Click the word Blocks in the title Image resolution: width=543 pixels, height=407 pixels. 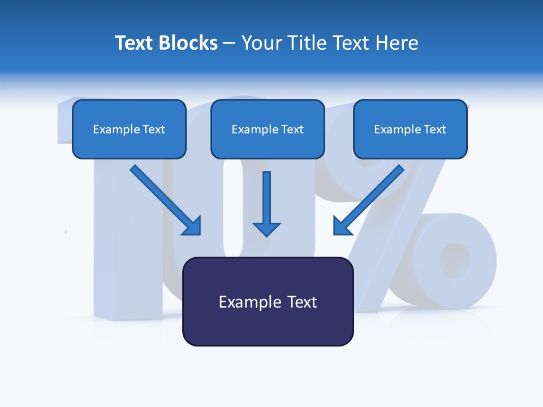click(x=188, y=43)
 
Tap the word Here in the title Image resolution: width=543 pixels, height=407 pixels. click(x=398, y=43)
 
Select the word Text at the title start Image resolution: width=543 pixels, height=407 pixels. click(x=135, y=43)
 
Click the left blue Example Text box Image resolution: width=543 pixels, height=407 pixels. click(x=129, y=129)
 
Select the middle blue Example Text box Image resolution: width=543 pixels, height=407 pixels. click(x=268, y=129)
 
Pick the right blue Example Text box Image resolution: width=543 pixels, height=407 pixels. click(x=410, y=129)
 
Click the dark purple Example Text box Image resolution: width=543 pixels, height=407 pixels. click(x=268, y=301)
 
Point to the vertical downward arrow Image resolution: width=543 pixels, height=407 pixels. click(x=266, y=198)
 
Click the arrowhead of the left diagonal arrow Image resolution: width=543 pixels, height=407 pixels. click(x=193, y=226)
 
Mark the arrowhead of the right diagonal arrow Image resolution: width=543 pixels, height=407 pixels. click(x=342, y=226)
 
